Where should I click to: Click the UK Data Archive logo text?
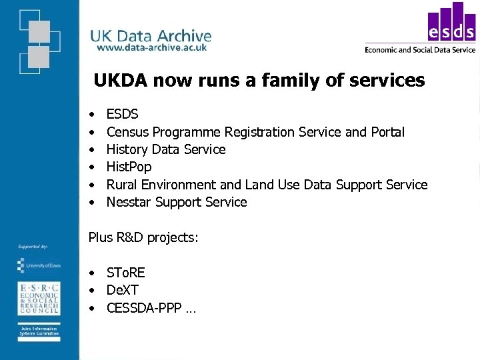click(151, 36)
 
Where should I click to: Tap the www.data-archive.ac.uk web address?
click(152, 48)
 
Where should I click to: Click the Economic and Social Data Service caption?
click(420, 49)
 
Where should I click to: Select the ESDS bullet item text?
click(123, 114)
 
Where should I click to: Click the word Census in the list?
click(126, 132)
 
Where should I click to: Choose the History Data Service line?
click(166, 149)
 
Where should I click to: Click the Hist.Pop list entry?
click(129, 167)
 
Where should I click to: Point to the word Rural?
click(122, 185)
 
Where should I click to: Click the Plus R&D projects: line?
click(143, 237)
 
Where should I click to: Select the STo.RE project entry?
click(126, 273)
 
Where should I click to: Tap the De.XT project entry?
click(123, 290)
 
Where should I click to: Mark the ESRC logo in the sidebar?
click(38, 298)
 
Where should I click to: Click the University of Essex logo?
click(38, 265)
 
